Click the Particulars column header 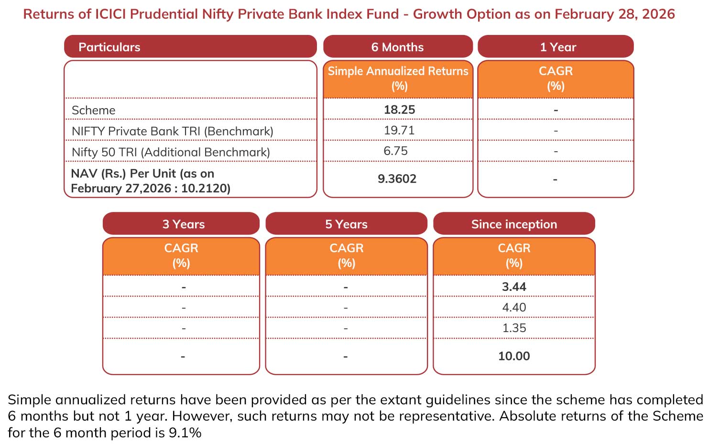109,47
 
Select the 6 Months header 397,47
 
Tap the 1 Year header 558,47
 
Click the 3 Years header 184,224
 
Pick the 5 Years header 346,224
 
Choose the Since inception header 514,224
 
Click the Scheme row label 94,110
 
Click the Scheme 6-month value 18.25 399,110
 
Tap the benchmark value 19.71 399,130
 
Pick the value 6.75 395,151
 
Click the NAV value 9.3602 397,178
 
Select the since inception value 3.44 514,287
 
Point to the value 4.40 514,307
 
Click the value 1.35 514,328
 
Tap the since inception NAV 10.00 514,356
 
